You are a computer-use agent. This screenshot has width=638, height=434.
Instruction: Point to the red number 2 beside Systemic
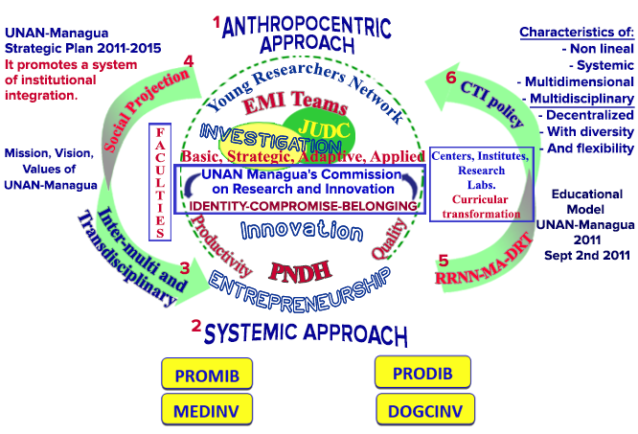tap(196, 326)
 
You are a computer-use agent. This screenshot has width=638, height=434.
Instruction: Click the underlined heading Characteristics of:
tap(576, 33)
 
